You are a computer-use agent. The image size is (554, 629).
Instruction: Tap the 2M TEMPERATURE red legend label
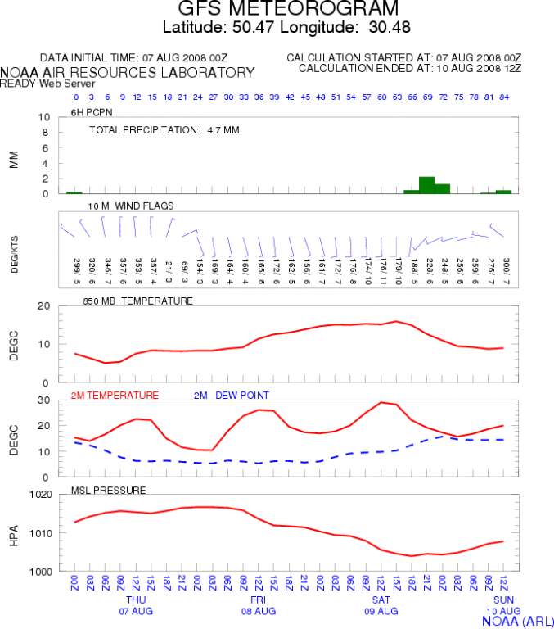coord(115,395)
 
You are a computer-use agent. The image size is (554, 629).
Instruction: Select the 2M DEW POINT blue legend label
coord(232,395)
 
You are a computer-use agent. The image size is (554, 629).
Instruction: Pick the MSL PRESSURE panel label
coord(108,490)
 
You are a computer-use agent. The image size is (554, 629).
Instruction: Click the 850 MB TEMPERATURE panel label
coord(137,301)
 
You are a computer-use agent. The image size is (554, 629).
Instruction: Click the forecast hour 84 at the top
coord(503,97)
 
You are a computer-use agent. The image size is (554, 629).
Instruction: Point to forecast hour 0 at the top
coord(74,97)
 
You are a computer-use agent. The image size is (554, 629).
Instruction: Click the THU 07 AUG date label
coord(135,605)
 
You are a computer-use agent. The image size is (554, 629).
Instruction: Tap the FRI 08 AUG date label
coord(258,605)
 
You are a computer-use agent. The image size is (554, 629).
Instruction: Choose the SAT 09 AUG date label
coord(381,605)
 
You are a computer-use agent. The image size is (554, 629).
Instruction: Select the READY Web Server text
coord(37,83)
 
